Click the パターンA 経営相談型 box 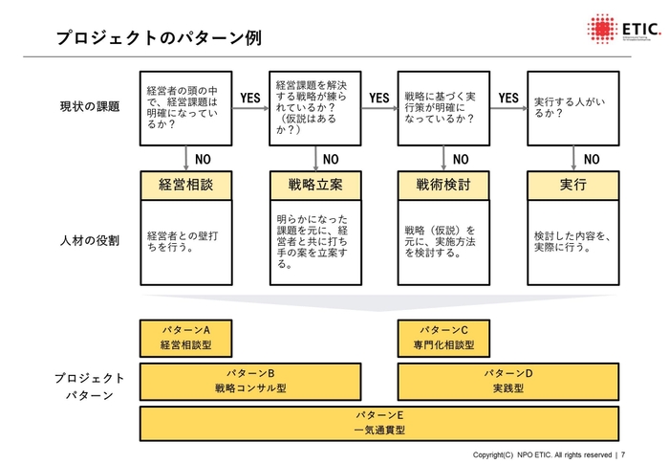[186, 338]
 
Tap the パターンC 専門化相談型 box [444, 338]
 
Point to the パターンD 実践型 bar [508, 381]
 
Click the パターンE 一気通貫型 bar [379, 423]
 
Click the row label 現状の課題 [90, 106]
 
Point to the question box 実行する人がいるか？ [573, 106]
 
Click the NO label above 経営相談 [204, 159]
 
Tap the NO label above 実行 [592, 159]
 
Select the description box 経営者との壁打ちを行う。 [186, 241]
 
